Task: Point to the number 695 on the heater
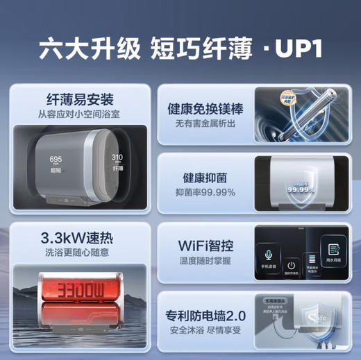(x=56, y=160)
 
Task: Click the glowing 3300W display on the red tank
(x=76, y=285)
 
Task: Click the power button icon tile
(x=292, y=266)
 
